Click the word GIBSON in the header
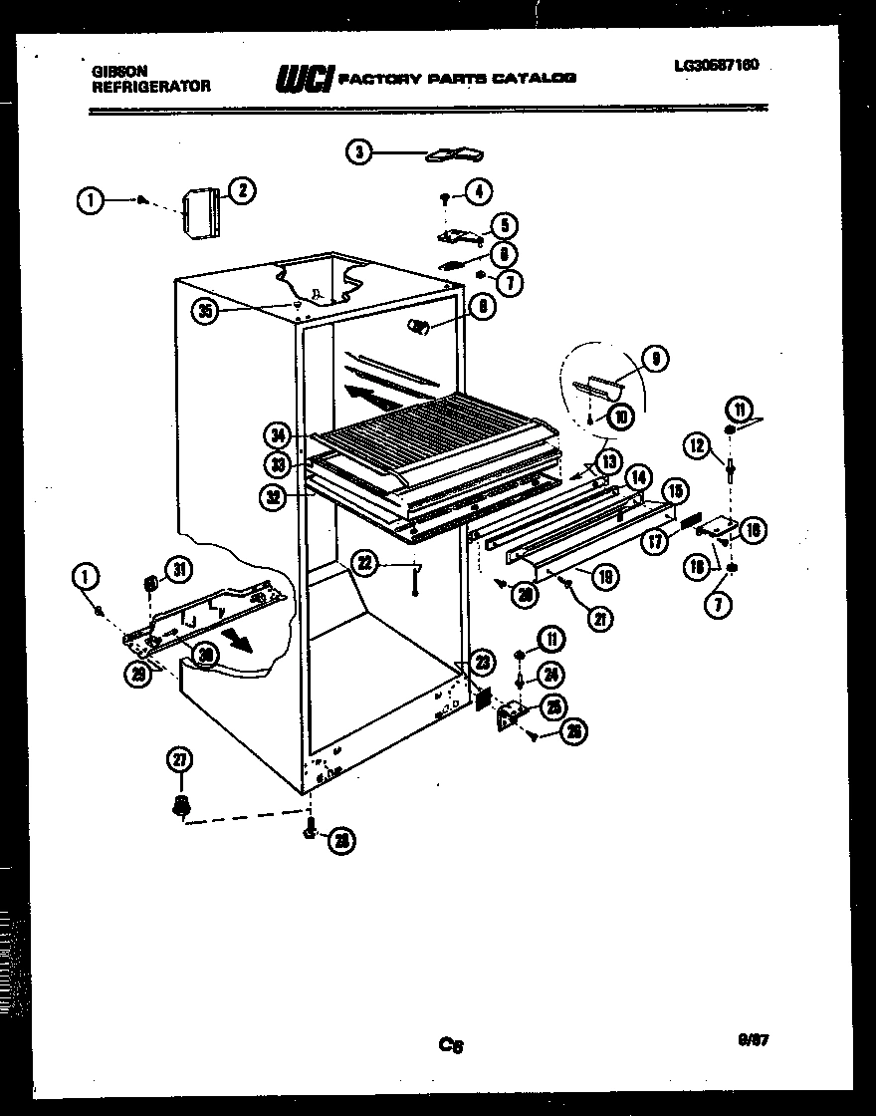tap(119, 72)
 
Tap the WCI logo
tap(304, 79)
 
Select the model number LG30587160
tap(716, 66)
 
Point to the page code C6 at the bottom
tap(451, 1045)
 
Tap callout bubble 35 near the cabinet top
tap(206, 312)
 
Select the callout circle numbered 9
tap(656, 359)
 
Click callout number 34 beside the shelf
tap(280, 434)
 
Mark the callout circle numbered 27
tap(180, 762)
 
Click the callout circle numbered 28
tap(341, 841)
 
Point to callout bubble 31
tap(178, 569)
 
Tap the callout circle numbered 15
tap(675, 490)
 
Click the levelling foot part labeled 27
tap(181, 805)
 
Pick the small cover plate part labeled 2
tap(202, 214)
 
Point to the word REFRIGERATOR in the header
tap(151, 87)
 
